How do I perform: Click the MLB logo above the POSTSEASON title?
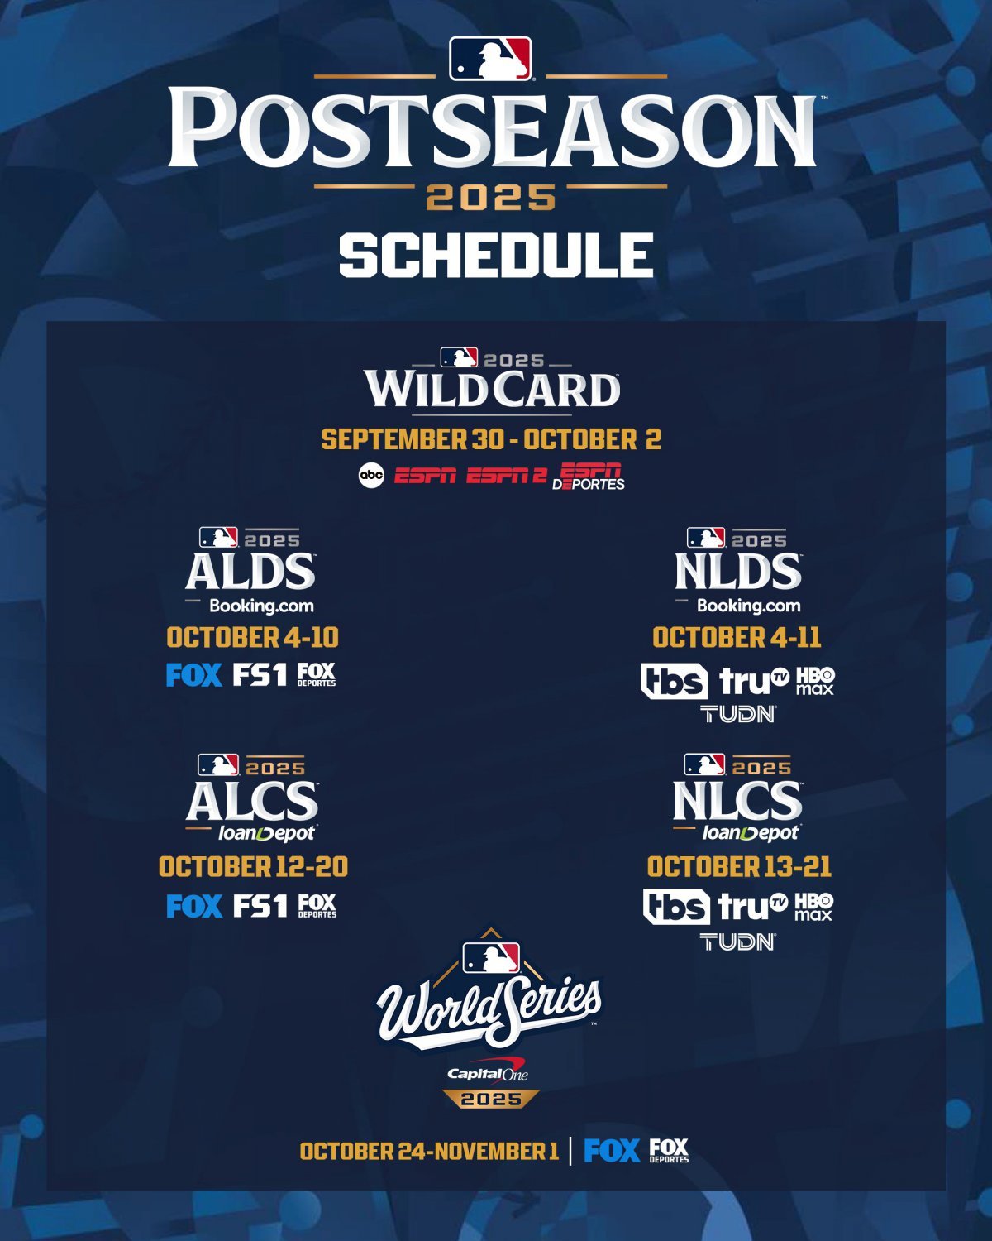[x=490, y=59]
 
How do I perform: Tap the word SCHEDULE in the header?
[x=496, y=255]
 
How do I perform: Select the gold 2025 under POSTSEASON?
[x=490, y=198]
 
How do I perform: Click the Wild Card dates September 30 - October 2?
[x=491, y=439]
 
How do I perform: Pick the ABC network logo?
[x=371, y=476]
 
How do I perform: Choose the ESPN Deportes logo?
[x=589, y=477]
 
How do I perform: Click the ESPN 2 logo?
[x=506, y=477]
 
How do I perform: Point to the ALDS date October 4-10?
[x=252, y=637]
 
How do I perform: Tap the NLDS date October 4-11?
[x=737, y=637]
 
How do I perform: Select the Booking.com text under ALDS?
[x=261, y=606]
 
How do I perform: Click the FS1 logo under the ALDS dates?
[x=260, y=675]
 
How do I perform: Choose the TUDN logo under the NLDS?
[x=738, y=713]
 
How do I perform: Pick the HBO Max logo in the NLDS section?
[x=814, y=681]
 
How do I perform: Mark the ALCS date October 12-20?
[x=253, y=866]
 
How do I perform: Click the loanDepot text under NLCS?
[x=751, y=833]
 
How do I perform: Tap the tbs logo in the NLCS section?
[x=675, y=907]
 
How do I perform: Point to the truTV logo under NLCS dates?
[x=753, y=907]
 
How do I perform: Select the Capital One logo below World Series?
[x=487, y=1073]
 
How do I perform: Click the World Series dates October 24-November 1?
[x=429, y=1151]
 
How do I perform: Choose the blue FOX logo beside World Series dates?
[x=612, y=1151]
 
